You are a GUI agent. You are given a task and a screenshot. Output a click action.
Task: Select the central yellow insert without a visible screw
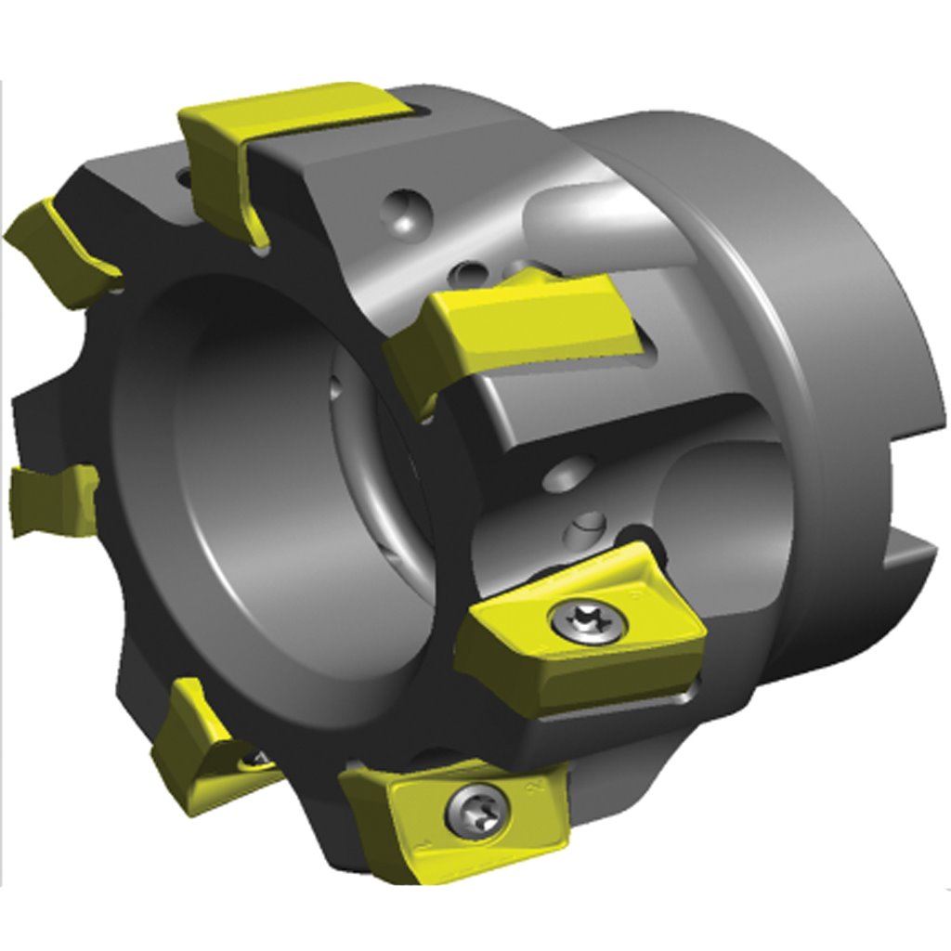pyautogui.click(x=520, y=325)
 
